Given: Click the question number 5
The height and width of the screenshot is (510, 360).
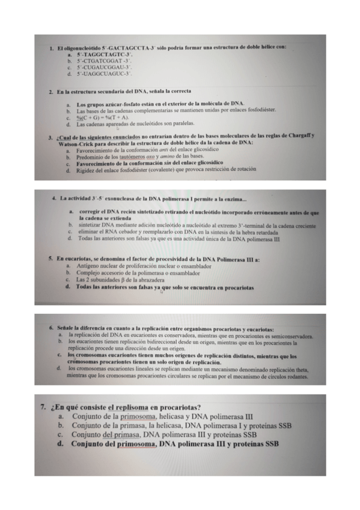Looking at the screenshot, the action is (x=50, y=259).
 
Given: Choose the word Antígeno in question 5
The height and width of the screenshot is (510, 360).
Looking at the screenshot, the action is (x=87, y=266).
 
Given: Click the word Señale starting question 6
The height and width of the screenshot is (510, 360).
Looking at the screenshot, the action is (x=66, y=329).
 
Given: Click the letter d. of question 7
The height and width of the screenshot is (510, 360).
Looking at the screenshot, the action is (x=61, y=445).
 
